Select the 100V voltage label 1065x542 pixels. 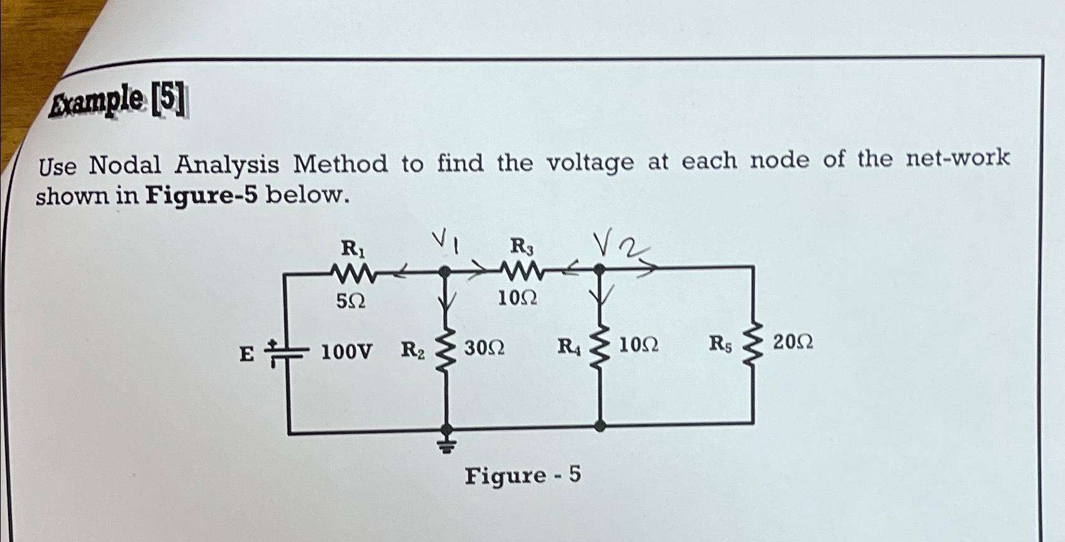(x=346, y=352)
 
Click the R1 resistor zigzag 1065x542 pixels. (x=352, y=273)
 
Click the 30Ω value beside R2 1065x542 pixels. (x=484, y=348)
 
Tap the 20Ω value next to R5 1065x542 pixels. (x=793, y=343)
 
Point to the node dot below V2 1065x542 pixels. (x=599, y=270)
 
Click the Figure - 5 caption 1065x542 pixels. (x=522, y=476)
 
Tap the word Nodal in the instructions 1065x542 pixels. (x=125, y=165)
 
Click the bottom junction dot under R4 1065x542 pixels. (x=601, y=425)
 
